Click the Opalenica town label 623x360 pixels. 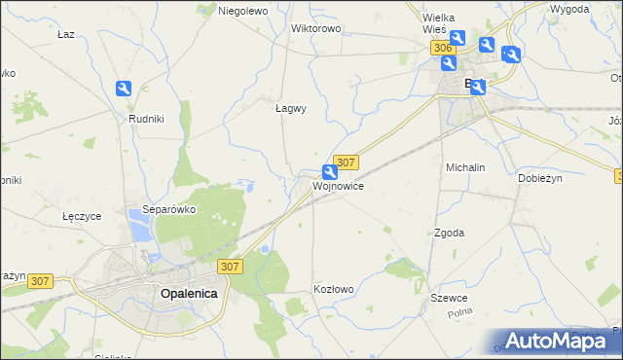[189, 293]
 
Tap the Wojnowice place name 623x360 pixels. [339, 186]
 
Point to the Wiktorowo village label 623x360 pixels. [315, 28]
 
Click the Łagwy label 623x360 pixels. [290, 109]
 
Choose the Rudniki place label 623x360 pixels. [145, 118]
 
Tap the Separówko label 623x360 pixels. [169, 209]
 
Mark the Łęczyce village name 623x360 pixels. [81, 216]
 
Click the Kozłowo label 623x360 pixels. [333, 290]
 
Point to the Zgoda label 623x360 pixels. [449, 234]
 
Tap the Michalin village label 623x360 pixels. [465, 167]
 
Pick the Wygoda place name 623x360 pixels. [568, 9]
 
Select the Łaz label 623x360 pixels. [66, 33]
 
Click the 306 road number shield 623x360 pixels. [444, 48]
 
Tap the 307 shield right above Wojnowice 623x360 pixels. [347, 162]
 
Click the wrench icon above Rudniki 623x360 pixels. [124, 90]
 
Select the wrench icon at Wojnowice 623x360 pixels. [330, 172]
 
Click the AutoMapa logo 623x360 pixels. [555, 341]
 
